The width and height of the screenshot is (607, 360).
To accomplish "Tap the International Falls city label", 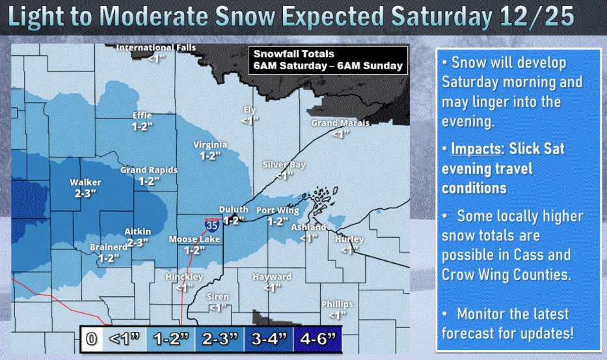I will pos(155,48).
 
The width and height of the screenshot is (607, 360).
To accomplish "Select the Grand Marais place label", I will pos(340,123).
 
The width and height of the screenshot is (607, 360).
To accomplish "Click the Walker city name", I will pos(85,183).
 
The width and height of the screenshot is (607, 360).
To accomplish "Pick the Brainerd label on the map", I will pos(109,247).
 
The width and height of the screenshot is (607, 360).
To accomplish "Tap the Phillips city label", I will pos(337,304).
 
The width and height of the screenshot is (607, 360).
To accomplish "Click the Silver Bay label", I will pos(284,165).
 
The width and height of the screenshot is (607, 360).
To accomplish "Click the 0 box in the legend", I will pos(92,339).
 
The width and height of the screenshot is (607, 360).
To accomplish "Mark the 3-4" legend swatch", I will pos(268,339).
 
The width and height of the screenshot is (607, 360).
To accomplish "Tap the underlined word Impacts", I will pos(472,149).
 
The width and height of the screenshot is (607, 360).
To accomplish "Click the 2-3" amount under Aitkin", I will pos(137,242).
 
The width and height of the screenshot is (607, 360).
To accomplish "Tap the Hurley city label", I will pos(349,240).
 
